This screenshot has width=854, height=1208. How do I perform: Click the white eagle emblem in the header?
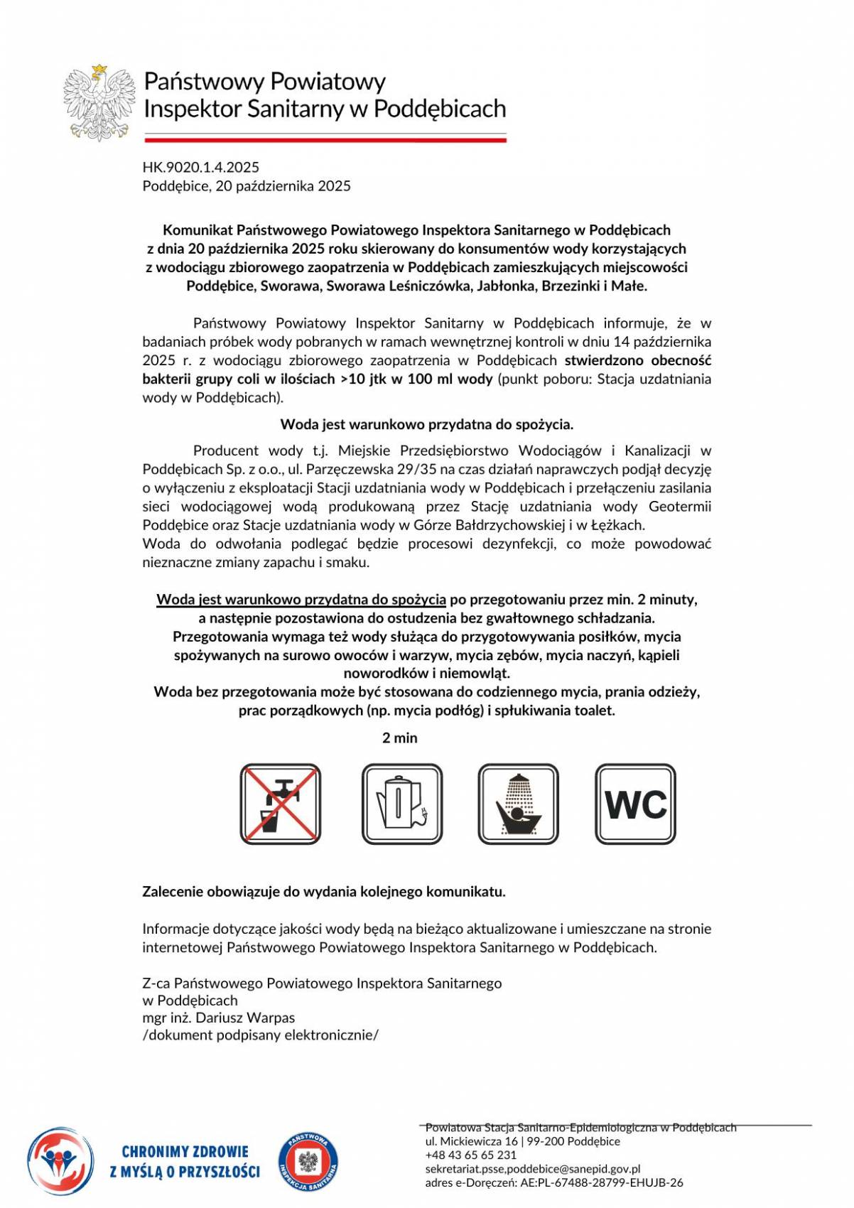(x=99, y=102)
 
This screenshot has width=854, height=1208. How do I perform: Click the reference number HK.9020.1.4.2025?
(x=201, y=168)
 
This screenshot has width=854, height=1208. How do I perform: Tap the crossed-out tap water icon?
(x=280, y=804)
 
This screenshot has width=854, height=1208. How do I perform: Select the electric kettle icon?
(x=401, y=804)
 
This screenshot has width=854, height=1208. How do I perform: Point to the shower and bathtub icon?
(x=518, y=804)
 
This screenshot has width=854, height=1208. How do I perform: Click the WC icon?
(x=635, y=804)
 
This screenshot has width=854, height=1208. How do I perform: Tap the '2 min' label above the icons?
(x=400, y=738)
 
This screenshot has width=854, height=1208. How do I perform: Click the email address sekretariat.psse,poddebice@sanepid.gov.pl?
(x=533, y=1169)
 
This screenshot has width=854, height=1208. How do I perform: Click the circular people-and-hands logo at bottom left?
(x=60, y=1161)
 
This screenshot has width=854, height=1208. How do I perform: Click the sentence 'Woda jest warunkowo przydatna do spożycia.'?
(x=426, y=425)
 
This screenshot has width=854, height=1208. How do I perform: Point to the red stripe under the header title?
(x=325, y=140)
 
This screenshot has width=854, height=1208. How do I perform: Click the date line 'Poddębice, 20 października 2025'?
(x=247, y=186)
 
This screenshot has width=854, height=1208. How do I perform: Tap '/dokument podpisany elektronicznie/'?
(x=260, y=1035)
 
